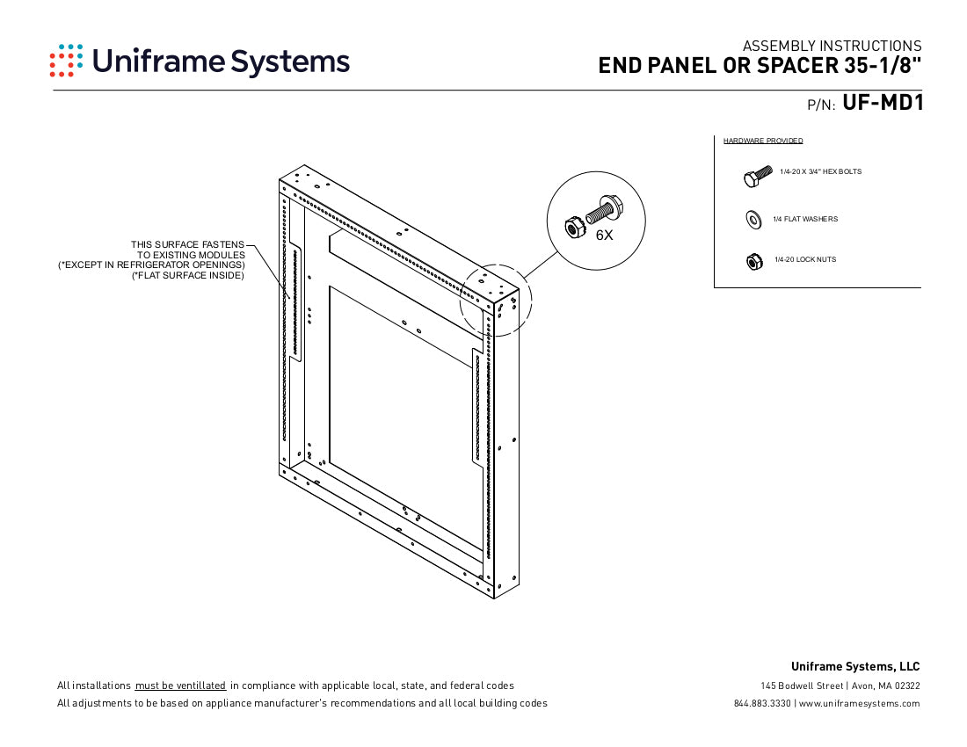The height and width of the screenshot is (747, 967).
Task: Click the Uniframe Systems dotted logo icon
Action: tap(67, 61)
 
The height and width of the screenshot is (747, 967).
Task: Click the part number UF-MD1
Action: tap(882, 104)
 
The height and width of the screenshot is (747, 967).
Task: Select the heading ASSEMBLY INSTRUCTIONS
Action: tap(832, 46)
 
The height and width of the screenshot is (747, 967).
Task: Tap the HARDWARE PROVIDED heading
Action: tap(762, 141)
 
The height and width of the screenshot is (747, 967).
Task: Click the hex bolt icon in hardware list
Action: tap(757, 177)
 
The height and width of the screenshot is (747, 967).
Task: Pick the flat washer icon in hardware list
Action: tap(753, 219)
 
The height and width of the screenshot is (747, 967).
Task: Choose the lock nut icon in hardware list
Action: tap(753, 261)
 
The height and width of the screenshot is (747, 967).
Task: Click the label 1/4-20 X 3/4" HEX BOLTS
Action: tap(820, 171)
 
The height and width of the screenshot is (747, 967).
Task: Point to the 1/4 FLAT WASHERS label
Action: tap(805, 219)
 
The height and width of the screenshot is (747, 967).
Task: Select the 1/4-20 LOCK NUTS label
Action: tap(805, 260)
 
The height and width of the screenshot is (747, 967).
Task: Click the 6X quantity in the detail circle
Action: tap(604, 236)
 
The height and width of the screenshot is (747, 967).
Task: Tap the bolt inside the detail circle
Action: tap(603, 210)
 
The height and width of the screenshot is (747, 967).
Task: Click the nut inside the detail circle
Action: tap(573, 228)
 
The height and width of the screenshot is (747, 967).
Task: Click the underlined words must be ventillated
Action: tap(180, 685)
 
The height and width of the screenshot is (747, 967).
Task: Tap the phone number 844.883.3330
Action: tap(762, 703)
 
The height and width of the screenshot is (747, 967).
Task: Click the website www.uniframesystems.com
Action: tap(859, 703)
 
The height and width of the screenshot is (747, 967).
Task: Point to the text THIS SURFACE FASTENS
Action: tap(187, 244)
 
